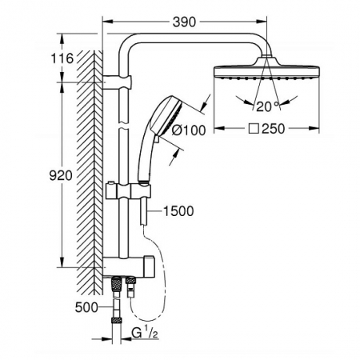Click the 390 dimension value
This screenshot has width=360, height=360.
click(184, 22)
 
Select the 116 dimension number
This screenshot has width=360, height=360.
click(62, 58)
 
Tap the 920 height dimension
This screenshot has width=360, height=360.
click(61, 175)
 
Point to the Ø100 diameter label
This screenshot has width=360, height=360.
click(189, 130)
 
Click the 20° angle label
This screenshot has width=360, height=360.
click(267, 106)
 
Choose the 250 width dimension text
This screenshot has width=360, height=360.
click(274, 129)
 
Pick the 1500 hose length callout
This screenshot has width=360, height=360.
click(178, 211)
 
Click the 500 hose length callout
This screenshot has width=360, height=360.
click(86, 307)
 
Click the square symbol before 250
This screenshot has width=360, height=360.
click(254, 129)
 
